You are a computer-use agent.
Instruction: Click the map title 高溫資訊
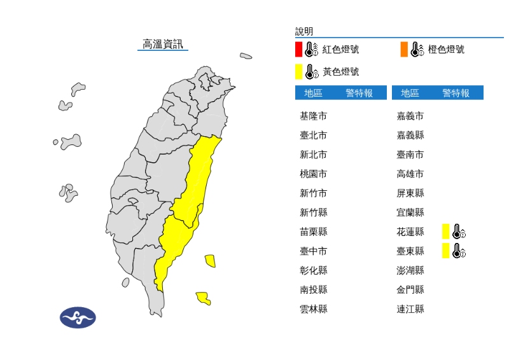click(163, 44)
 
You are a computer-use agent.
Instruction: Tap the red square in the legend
click(298, 49)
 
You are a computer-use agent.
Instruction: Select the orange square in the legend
click(404, 49)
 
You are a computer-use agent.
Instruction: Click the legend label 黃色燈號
click(340, 71)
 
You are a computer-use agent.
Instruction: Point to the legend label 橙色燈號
click(446, 49)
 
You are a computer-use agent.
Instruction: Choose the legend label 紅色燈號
click(340, 49)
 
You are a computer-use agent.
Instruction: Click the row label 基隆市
click(314, 116)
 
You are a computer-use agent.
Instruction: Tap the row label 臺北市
click(314, 135)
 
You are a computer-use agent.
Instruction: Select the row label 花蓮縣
click(410, 232)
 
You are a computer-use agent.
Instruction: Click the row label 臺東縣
click(410, 251)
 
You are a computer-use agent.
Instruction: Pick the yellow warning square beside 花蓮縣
click(446, 232)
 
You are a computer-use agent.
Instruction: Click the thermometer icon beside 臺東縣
click(459, 251)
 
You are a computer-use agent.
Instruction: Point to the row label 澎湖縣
click(410, 270)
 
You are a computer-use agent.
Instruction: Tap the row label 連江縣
click(410, 309)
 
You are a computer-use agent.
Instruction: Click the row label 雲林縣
click(314, 309)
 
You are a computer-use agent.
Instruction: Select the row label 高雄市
click(410, 174)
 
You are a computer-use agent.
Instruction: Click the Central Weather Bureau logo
click(78, 317)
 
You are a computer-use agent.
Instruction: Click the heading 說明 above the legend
click(304, 31)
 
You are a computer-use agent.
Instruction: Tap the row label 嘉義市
click(410, 116)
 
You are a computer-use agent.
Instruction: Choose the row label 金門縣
click(410, 289)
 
